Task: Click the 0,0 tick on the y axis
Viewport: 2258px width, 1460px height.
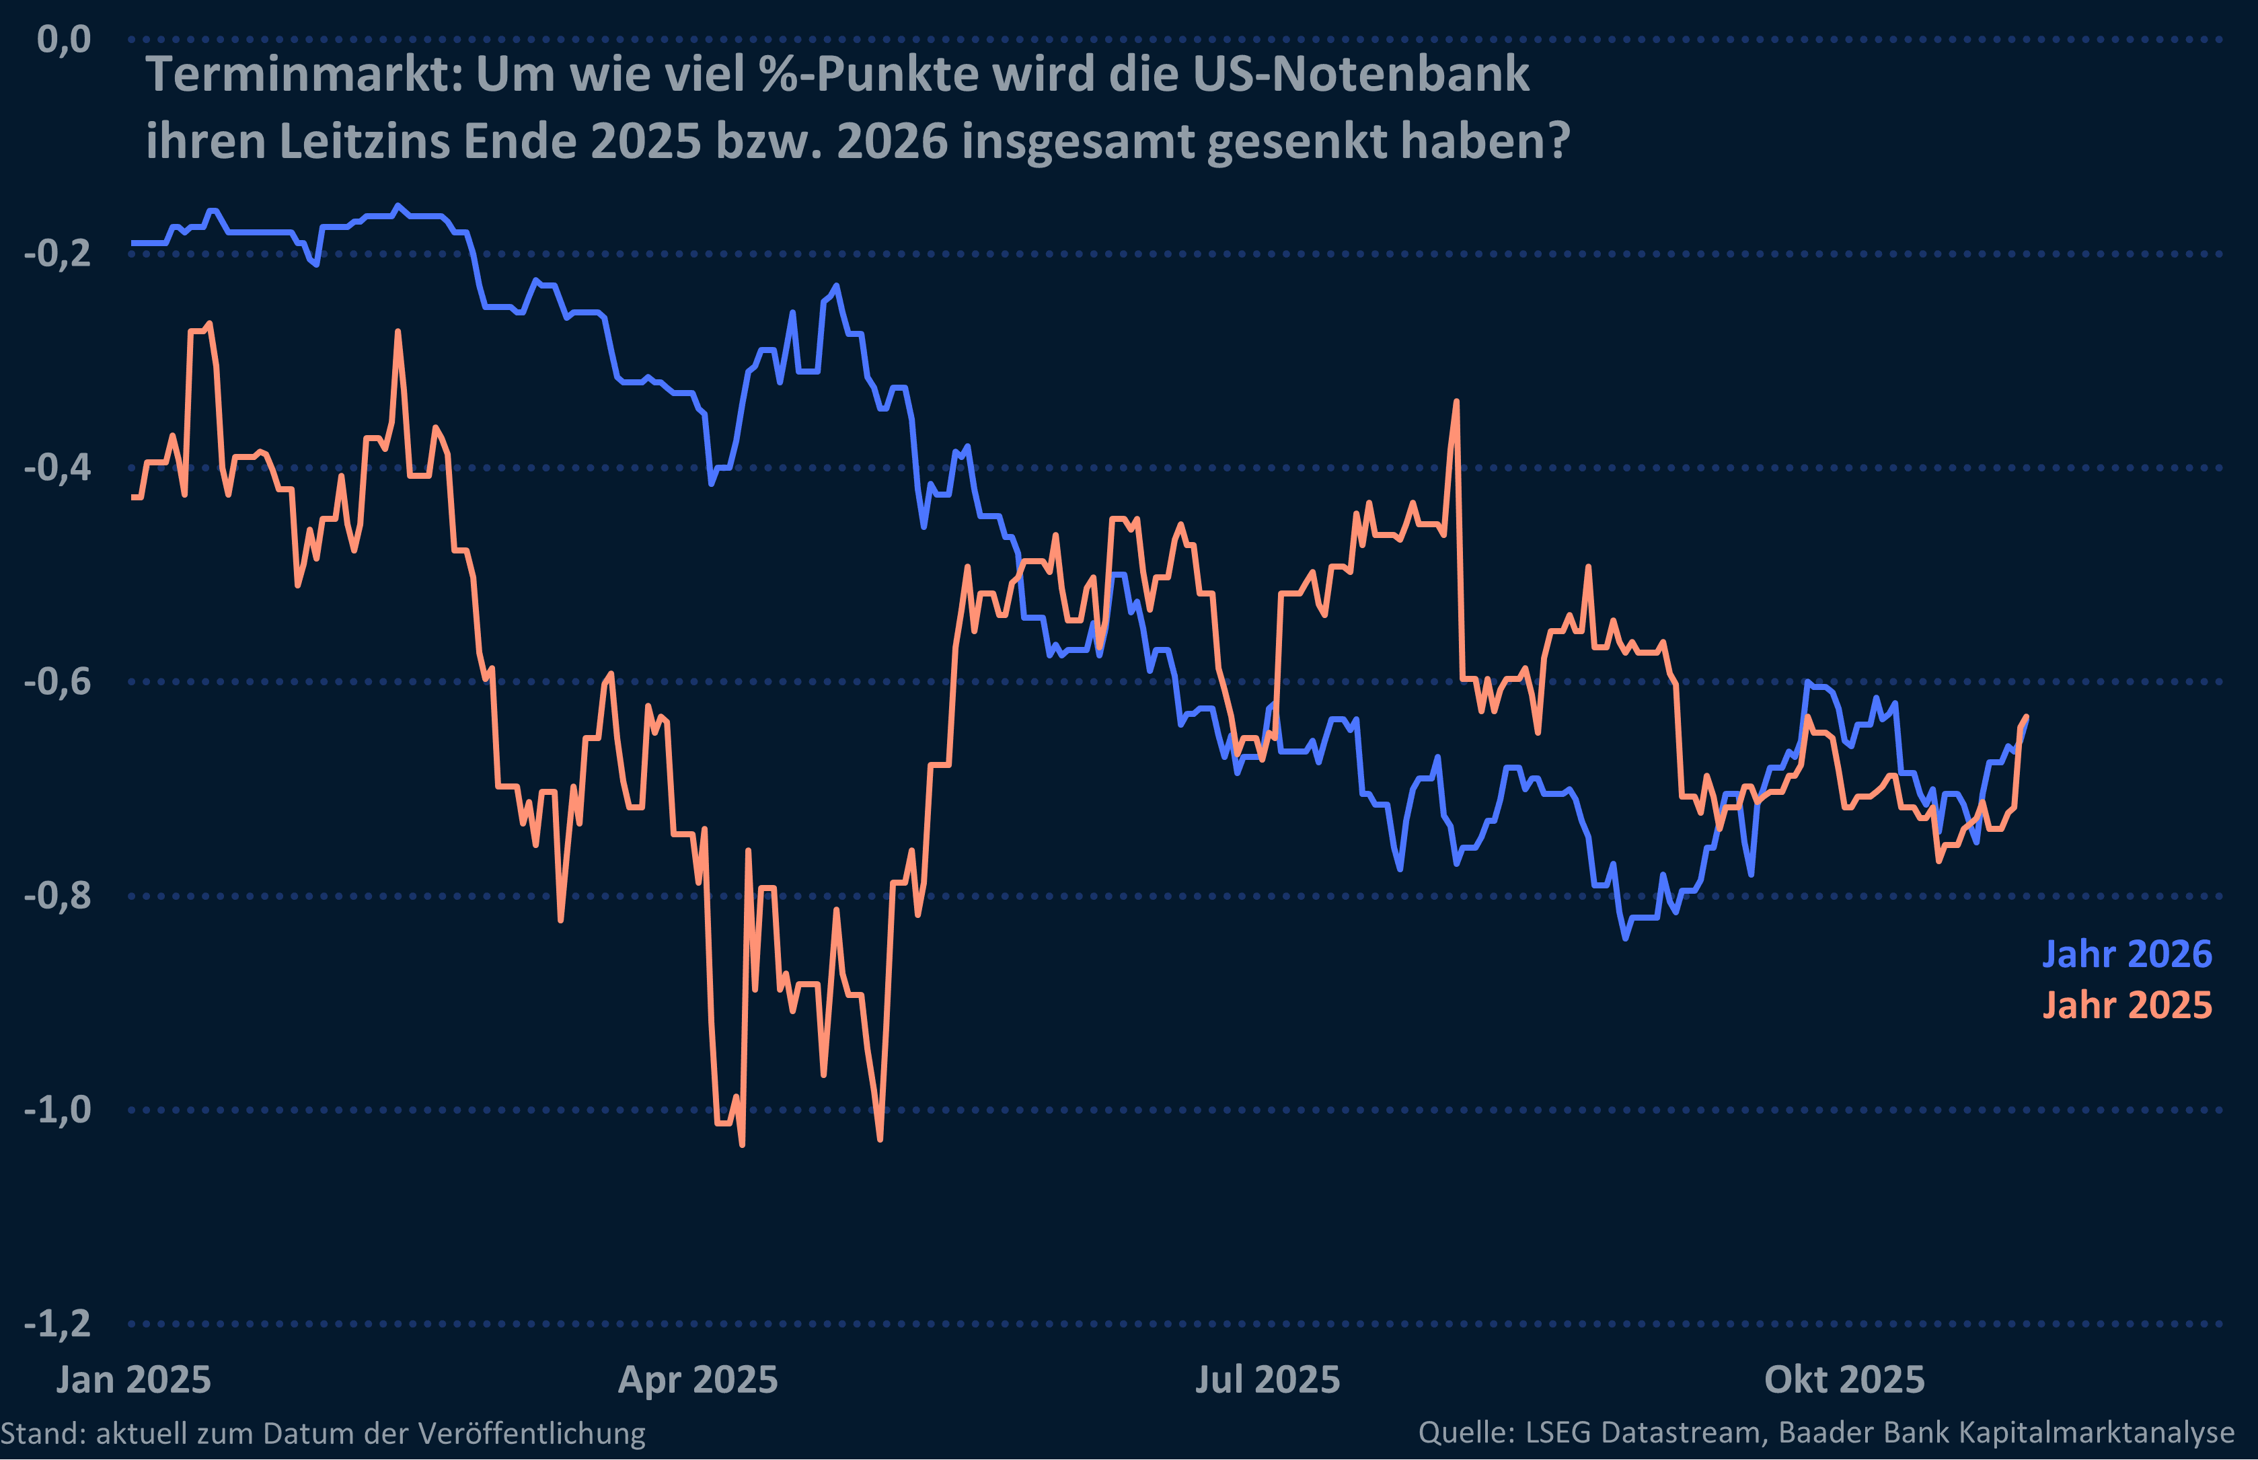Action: [x=63, y=40]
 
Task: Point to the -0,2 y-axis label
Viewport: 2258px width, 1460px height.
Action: [x=57, y=253]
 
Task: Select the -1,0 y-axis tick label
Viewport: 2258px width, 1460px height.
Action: [x=57, y=1109]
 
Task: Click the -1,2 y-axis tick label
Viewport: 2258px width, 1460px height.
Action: [x=57, y=1323]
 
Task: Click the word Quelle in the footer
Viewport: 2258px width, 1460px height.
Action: [x=1466, y=1432]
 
